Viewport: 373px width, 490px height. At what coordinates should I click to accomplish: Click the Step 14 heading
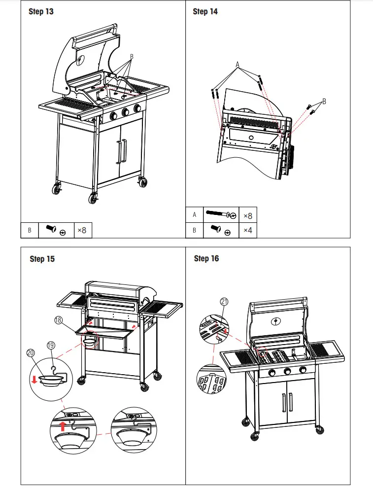point(205,12)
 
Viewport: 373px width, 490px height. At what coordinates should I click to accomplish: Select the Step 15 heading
point(42,259)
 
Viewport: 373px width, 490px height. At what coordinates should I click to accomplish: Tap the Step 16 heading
point(206,259)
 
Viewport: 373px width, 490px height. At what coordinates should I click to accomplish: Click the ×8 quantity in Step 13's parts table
point(81,230)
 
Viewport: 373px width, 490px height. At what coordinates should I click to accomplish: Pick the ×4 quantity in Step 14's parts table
point(247,230)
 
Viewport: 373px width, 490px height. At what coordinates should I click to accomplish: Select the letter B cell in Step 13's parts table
point(29,230)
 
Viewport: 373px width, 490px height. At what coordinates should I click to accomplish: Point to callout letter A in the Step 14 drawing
point(237,65)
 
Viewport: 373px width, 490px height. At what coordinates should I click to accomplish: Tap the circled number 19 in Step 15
point(51,346)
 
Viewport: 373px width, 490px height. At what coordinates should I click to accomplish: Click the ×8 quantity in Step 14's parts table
point(247,215)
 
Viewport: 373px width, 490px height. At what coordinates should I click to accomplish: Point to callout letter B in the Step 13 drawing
point(131,57)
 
